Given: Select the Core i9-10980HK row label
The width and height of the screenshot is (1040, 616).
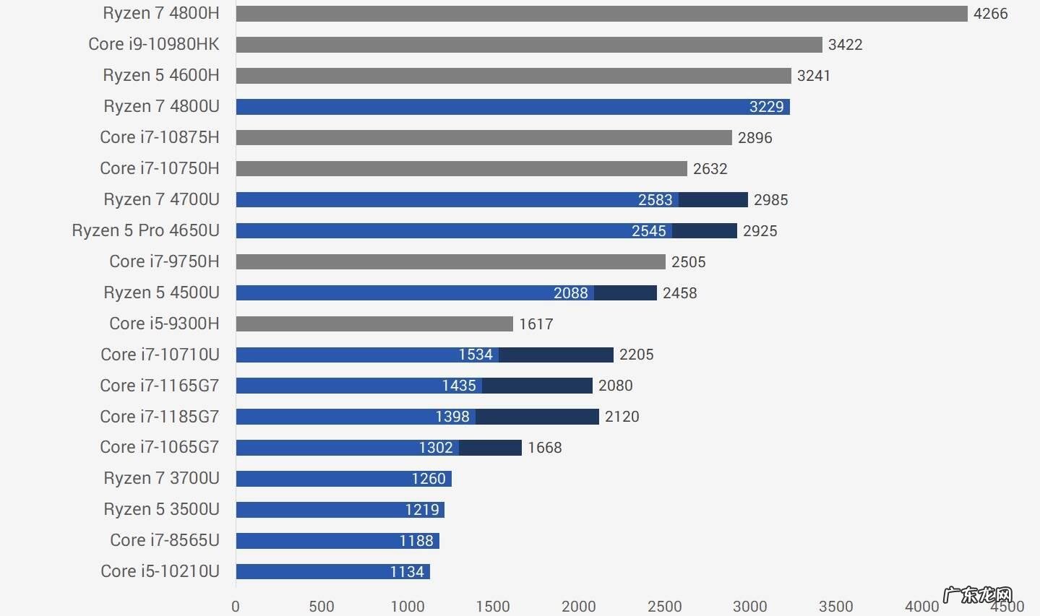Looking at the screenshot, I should (153, 44).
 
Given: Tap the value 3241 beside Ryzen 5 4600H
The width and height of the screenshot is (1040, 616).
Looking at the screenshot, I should (813, 76).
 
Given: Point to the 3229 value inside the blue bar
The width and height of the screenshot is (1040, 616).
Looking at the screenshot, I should (766, 107).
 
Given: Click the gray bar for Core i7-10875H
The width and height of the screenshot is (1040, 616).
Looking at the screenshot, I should (484, 137).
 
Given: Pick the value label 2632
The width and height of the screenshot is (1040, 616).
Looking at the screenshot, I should (710, 169).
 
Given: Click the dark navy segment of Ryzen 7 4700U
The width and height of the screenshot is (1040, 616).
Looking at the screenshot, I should (713, 200).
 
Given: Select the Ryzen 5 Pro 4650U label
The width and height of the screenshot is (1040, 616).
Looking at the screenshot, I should (145, 230).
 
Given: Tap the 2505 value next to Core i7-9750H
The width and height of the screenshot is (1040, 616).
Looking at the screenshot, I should (688, 262).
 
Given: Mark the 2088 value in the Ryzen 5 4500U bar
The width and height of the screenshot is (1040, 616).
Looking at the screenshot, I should (570, 293).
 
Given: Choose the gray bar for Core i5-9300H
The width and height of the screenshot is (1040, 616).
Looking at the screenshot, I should (374, 324).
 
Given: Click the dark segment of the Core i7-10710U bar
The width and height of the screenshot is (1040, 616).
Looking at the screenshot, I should (556, 355).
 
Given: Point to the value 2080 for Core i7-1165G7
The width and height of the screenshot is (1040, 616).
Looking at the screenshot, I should (615, 386).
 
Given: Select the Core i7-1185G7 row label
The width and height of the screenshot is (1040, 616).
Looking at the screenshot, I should (159, 417).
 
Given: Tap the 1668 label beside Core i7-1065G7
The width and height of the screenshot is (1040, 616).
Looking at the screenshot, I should (544, 448).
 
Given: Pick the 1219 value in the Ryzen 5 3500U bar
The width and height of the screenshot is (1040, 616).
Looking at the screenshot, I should (421, 510).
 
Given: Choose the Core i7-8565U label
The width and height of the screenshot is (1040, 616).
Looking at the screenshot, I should (164, 540).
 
